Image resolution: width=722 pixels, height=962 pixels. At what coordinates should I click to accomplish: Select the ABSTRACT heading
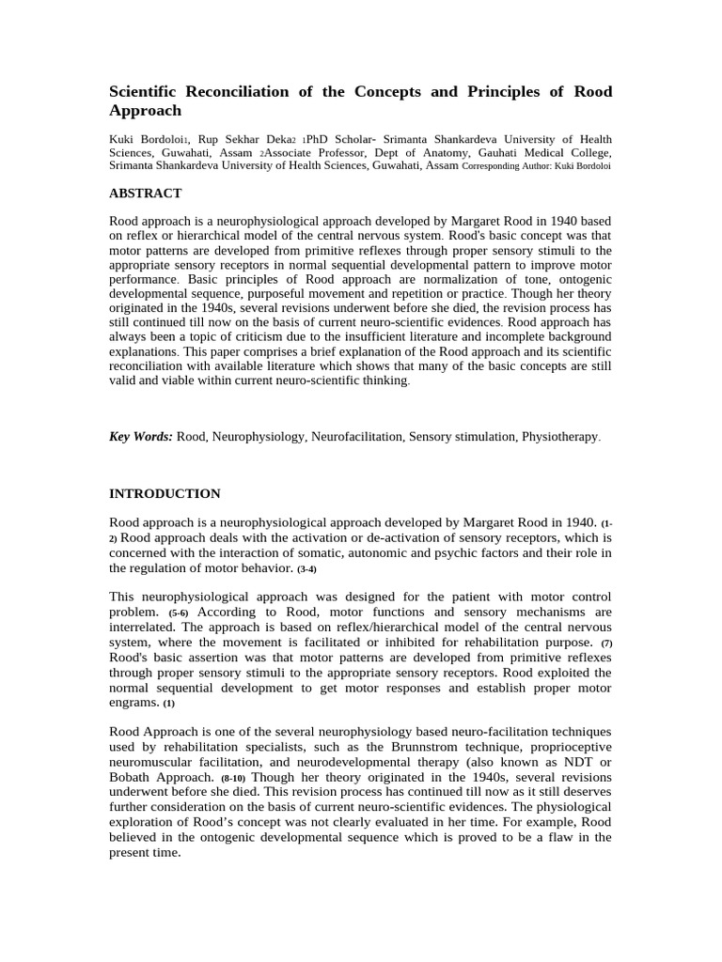tap(145, 193)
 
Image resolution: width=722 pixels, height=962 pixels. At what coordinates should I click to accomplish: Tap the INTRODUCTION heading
tap(165, 493)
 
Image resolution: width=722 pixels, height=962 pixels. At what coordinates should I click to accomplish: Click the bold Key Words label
tap(141, 437)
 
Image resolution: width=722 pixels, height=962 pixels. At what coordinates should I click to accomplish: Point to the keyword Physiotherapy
tap(559, 437)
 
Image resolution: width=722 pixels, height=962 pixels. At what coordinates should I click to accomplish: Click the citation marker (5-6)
tap(179, 613)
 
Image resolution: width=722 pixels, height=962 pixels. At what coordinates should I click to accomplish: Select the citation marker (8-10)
tap(233, 779)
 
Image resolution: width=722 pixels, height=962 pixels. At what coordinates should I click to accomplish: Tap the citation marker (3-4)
tap(307, 569)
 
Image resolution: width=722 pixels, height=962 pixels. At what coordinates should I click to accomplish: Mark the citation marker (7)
tap(606, 644)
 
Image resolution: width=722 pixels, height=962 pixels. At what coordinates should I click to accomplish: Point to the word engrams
tap(133, 703)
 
